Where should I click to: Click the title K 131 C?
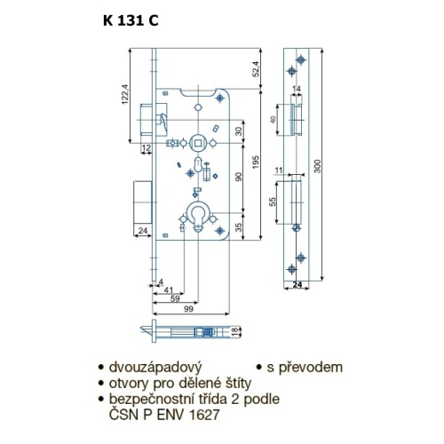click(131, 21)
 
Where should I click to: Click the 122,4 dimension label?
click(125, 94)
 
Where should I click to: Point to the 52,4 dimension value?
click(257, 68)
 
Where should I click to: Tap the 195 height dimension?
click(257, 162)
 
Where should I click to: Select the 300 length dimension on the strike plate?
click(317, 166)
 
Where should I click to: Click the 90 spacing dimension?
click(239, 177)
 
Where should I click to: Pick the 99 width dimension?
click(188, 309)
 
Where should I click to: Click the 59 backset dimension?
click(175, 298)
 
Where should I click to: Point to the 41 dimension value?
click(169, 290)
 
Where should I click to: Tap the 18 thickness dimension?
click(234, 331)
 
